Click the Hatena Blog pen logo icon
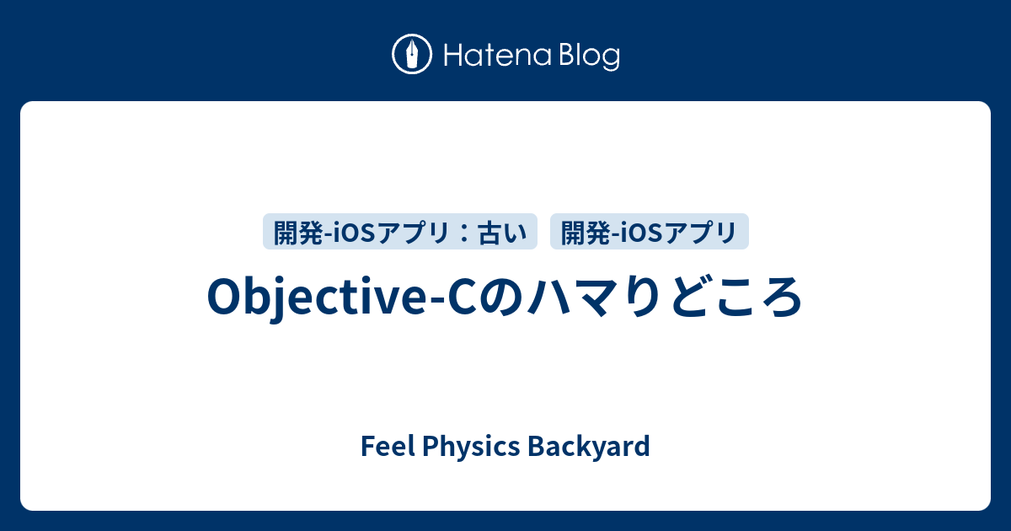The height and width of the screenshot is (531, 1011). pos(413,56)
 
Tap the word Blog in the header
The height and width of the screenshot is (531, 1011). pos(587,56)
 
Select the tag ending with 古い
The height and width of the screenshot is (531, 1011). pos(400,232)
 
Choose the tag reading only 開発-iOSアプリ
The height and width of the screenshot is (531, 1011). pos(649,232)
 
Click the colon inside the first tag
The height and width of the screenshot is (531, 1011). pos(460,232)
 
